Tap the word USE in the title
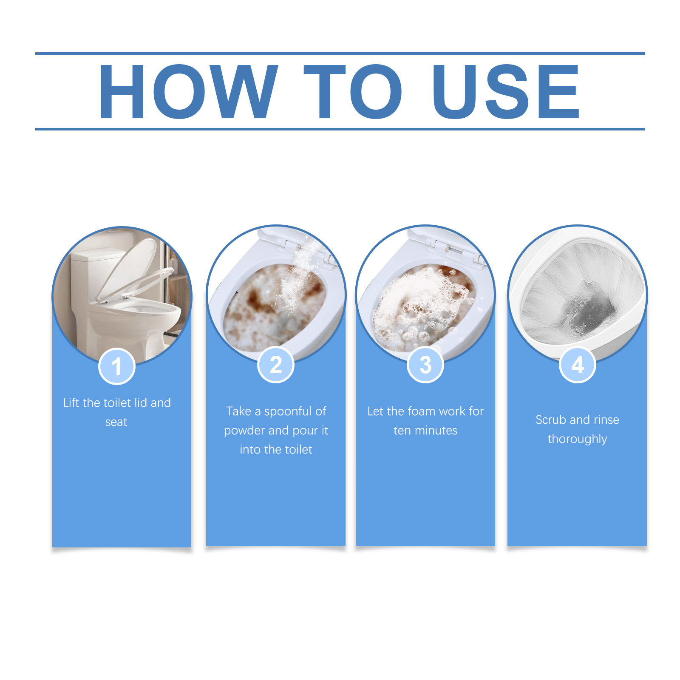506,91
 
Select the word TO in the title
353,91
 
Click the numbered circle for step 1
117,366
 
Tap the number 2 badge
276,365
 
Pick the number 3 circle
425,365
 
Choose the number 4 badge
577,365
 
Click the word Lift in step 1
71,402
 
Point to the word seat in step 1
116,422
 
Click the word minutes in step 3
436,431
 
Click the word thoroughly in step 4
577,439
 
